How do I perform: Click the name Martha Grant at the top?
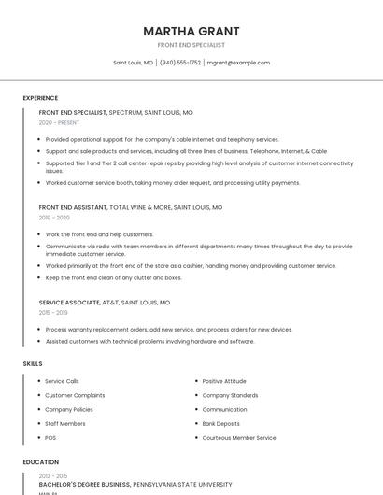(x=191, y=31)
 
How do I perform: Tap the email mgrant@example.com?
(x=238, y=63)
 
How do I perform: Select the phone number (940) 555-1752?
(x=180, y=63)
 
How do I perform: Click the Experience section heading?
(x=40, y=98)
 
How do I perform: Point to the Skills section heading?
(x=33, y=363)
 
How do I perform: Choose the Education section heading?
(x=41, y=462)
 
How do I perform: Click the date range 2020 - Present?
(x=60, y=122)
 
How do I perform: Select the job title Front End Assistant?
(x=72, y=207)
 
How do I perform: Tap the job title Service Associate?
(x=69, y=303)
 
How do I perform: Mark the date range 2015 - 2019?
(x=54, y=313)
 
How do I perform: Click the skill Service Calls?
(x=62, y=381)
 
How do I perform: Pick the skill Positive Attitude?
(x=224, y=381)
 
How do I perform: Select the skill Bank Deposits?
(x=221, y=423)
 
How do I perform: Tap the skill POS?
(x=50, y=437)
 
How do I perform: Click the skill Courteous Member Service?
(x=239, y=437)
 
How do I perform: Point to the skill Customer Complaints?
(x=75, y=395)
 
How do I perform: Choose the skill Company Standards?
(x=230, y=395)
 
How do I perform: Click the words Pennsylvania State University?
(x=182, y=485)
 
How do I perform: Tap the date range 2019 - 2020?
(x=54, y=218)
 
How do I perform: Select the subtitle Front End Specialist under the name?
(x=191, y=45)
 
